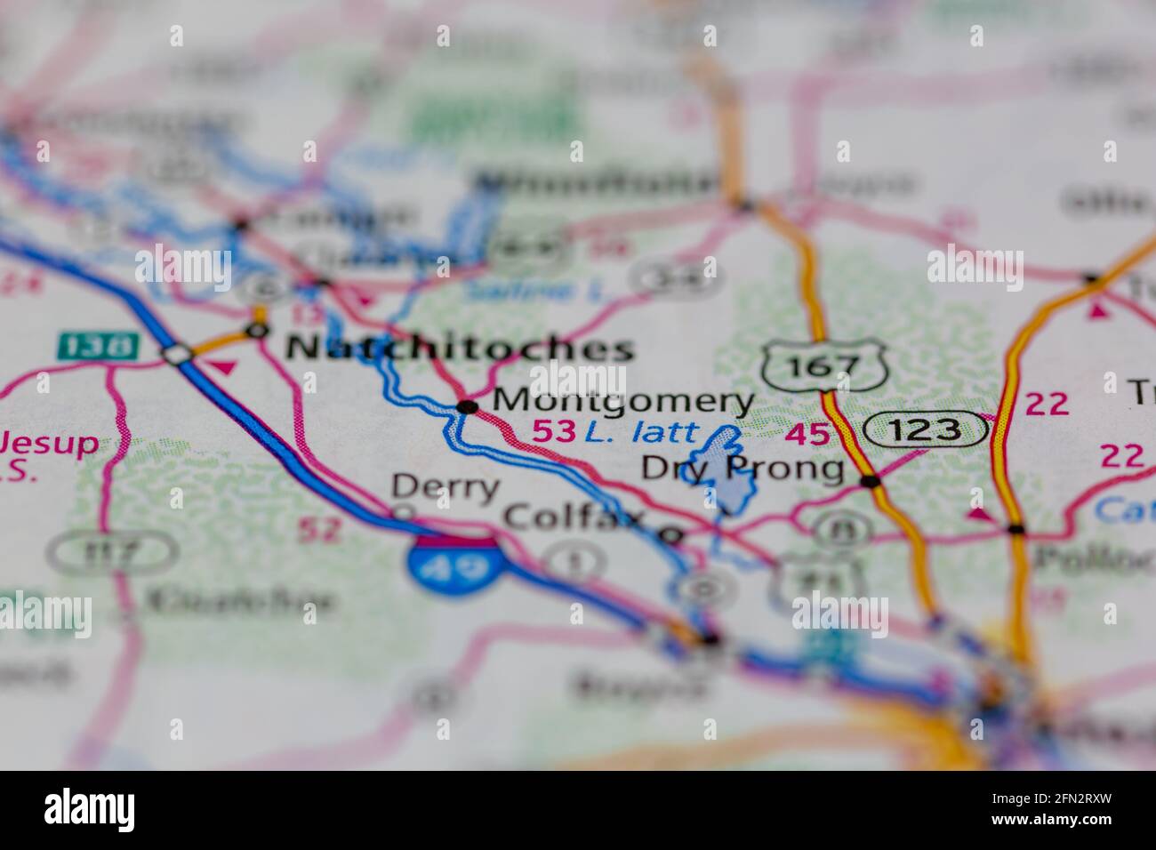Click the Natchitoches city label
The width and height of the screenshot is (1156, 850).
click(x=460, y=348)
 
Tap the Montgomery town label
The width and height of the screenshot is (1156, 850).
click(x=622, y=401)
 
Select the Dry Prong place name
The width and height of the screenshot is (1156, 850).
click(x=743, y=468)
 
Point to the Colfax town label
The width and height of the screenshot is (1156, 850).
click(x=573, y=517)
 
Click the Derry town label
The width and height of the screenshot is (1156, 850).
click(x=446, y=487)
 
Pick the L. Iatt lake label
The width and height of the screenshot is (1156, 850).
click(x=641, y=433)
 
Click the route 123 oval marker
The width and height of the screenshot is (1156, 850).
click(x=925, y=430)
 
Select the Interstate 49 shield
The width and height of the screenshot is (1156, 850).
click(x=453, y=566)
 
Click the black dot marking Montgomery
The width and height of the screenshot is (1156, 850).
click(x=467, y=407)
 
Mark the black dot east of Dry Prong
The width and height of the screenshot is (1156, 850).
click(x=870, y=482)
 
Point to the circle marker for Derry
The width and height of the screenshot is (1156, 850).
click(x=403, y=512)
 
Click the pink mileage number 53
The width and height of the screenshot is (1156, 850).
click(x=553, y=432)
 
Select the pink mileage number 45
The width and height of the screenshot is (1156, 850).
click(x=807, y=435)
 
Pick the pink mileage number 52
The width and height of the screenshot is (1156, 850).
click(x=318, y=530)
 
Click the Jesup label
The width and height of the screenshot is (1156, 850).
click(x=49, y=443)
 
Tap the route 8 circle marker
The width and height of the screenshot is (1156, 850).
click(x=836, y=531)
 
